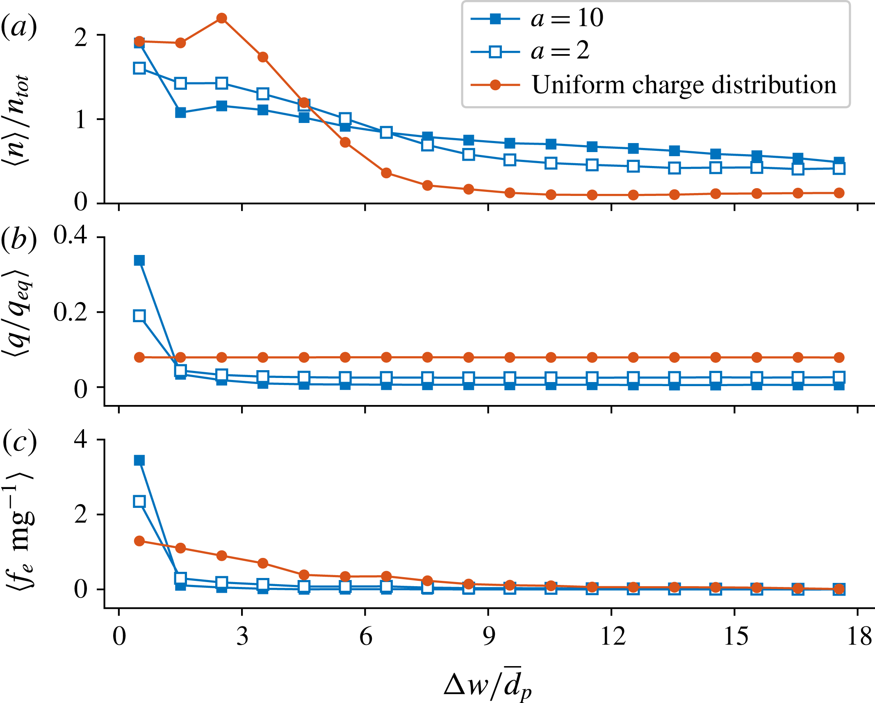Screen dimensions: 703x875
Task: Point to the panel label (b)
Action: (19, 239)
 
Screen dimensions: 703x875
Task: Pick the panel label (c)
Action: (19, 441)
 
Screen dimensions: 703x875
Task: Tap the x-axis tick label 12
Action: (612, 637)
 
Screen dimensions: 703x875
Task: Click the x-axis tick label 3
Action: (242, 637)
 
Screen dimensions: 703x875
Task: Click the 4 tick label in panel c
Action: (80, 439)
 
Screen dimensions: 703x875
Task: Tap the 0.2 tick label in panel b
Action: (70, 312)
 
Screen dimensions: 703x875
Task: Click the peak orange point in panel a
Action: (222, 18)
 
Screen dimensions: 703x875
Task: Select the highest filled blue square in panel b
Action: (139, 260)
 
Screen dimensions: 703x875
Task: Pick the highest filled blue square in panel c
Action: (139, 460)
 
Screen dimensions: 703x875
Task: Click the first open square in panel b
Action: (139, 316)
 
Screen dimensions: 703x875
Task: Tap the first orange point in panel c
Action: (139, 541)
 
